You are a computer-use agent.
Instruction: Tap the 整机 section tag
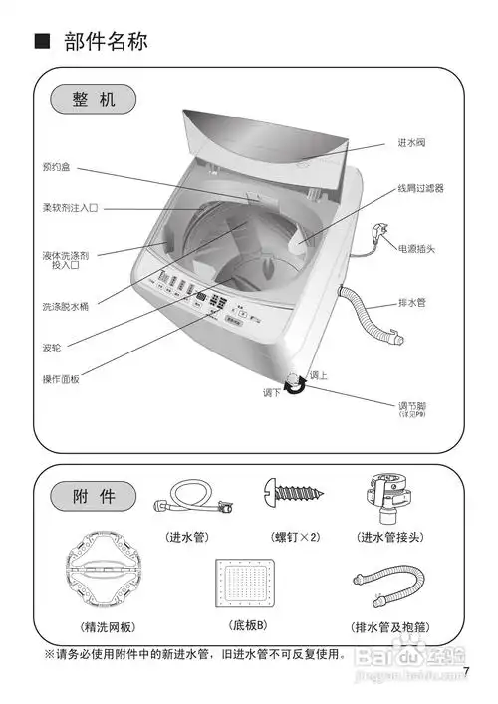[x=95, y=100]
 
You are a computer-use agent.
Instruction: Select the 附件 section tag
[x=96, y=495]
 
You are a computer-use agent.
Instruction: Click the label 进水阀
[x=412, y=145]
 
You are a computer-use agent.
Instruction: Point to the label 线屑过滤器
[x=420, y=187]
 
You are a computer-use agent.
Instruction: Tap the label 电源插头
[x=417, y=248]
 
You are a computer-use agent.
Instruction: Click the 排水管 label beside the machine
[x=412, y=301]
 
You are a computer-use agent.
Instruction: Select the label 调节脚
[x=412, y=405]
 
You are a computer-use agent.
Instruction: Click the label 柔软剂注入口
[x=70, y=208]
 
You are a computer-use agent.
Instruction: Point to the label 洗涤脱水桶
[x=65, y=306]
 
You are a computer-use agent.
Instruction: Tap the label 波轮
[x=52, y=349]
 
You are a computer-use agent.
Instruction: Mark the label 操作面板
[x=60, y=379]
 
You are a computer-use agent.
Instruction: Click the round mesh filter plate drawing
[x=107, y=576]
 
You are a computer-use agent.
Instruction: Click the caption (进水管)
[x=187, y=537]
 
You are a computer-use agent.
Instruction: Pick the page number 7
[x=466, y=671]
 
